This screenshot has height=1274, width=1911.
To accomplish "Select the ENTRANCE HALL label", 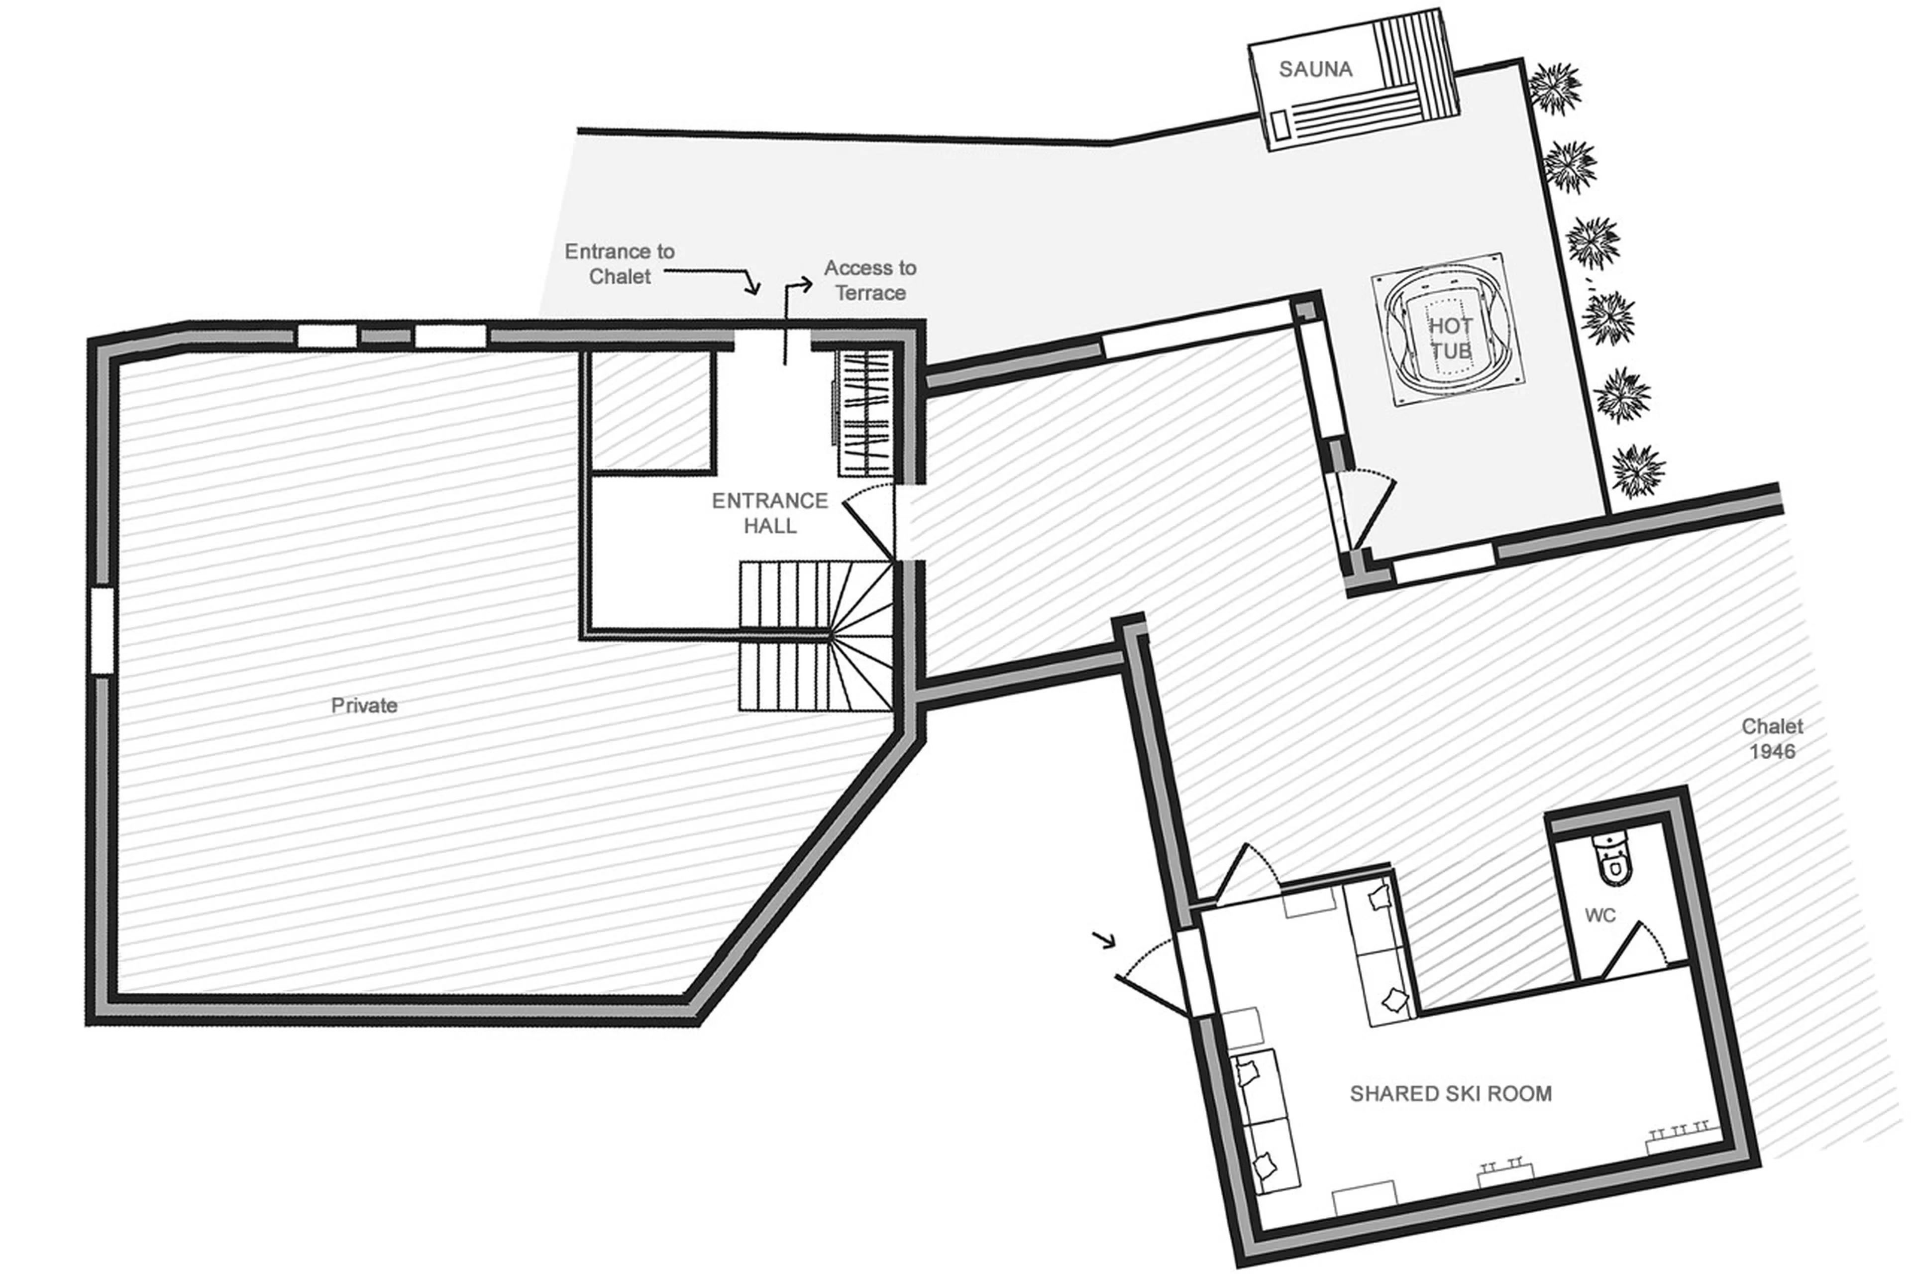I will tap(769, 513).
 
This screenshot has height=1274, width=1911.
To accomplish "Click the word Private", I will tap(364, 705).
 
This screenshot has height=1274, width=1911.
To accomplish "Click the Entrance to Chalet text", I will tap(620, 264).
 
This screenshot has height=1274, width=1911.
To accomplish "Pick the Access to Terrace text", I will tap(870, 280).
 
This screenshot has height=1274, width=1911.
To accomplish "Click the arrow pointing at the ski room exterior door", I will tap(1104, 940).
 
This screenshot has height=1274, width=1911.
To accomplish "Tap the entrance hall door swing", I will tap(869, 520).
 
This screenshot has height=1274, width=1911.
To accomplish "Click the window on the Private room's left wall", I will tap(102, 631).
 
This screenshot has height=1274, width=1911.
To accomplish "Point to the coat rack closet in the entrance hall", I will tap(866, 413).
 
